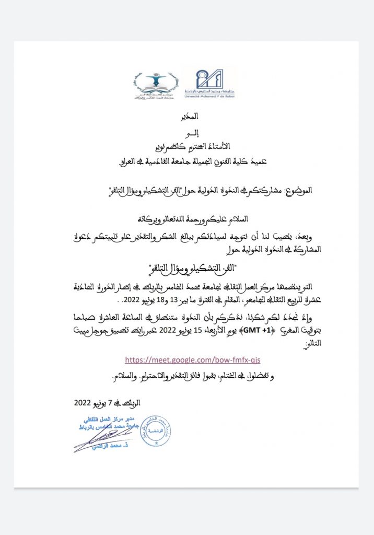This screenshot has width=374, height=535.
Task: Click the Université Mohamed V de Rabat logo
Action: (209, 84)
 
